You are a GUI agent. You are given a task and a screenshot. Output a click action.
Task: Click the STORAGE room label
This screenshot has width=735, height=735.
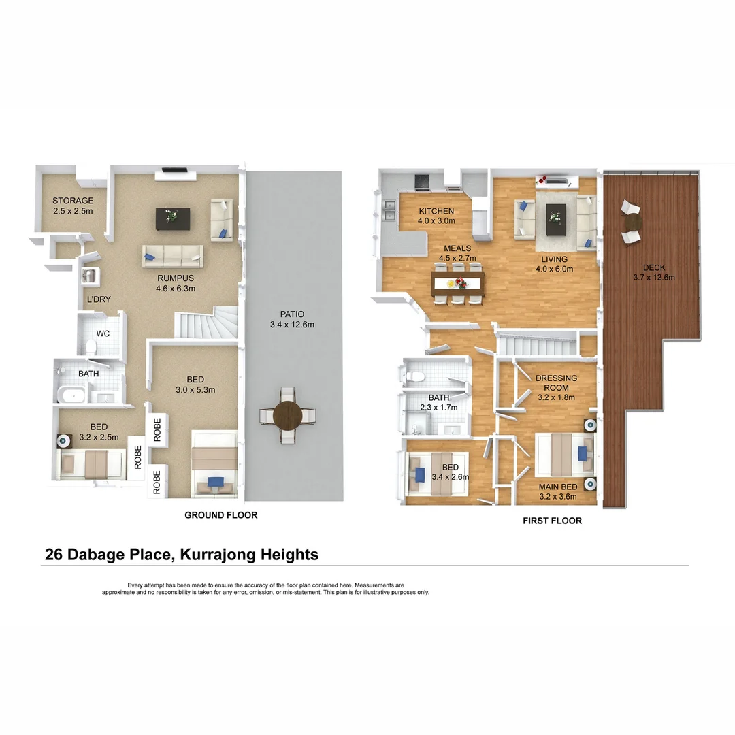click(73, 206)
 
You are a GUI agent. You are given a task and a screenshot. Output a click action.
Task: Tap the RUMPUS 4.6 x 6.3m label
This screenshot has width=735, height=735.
click(176, 283)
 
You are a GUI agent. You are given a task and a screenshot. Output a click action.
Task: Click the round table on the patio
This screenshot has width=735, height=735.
click(288, 414)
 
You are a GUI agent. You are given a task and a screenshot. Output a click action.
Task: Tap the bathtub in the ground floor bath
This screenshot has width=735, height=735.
click(71, 395)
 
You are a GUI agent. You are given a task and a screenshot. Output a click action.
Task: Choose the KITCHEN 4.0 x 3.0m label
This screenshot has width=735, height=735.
click(436, 216)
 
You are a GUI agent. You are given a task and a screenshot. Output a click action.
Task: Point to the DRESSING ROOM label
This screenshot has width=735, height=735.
click(556, 382)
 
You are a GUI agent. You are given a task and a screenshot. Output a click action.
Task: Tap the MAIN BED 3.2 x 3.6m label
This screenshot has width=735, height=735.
click(557, 491)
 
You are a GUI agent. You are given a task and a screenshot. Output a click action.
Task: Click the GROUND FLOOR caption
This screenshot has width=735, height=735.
click(220, 515)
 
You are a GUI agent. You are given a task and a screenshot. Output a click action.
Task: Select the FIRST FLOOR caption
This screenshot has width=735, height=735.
click(552, 521)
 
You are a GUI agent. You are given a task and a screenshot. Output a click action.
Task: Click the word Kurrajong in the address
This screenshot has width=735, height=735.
click(219, 555)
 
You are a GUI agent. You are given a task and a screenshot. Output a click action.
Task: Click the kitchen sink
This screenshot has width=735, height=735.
click(389, 210)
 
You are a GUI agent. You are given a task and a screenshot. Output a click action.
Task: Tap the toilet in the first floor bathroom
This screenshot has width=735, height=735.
click(416, 376)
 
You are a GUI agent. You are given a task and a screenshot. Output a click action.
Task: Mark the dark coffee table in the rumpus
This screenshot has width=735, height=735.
click(173, 218)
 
